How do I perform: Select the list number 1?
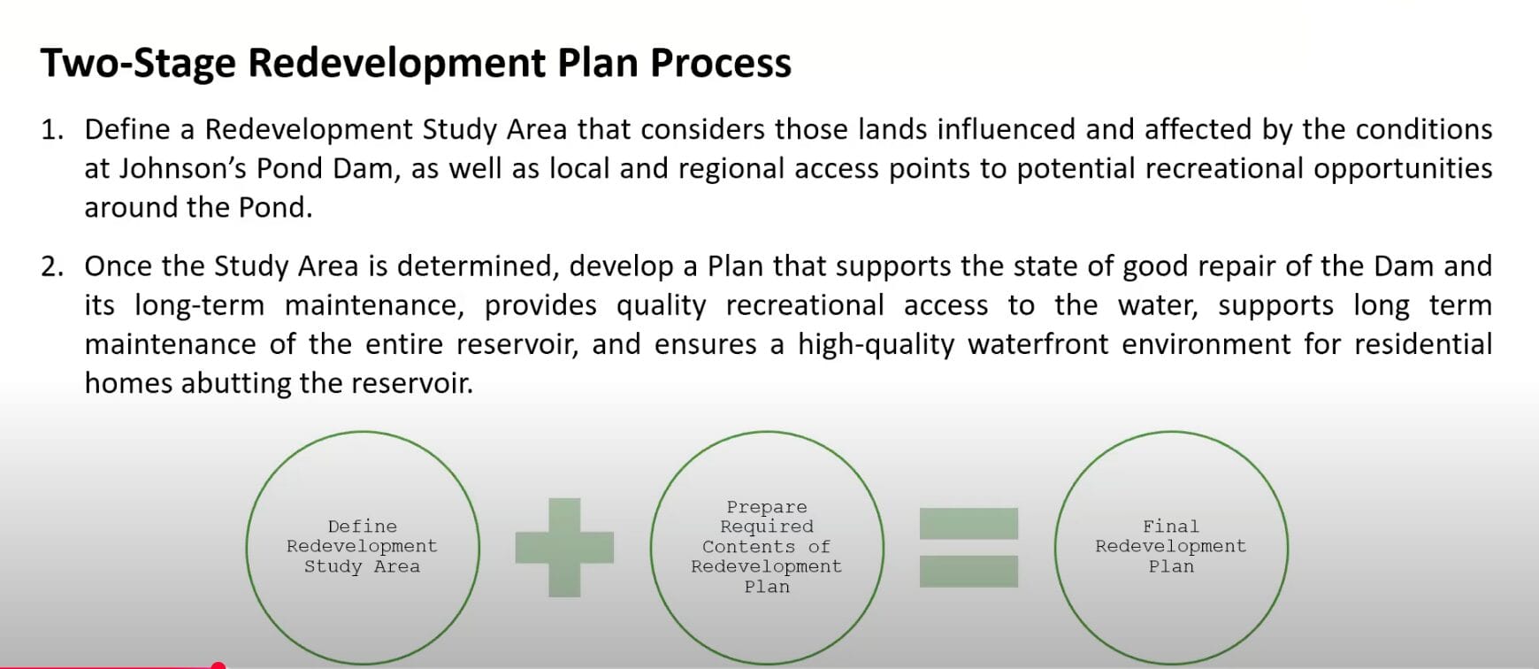pos(51,130)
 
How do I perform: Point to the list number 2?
pos(51,266)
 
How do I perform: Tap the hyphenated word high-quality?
pos(876,344)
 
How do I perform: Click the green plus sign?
pos(564,547)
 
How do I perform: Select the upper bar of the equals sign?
pos(969,523)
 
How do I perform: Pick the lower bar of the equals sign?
pos(969,571)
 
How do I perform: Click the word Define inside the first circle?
pos(362,527)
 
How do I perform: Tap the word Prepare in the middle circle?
pos(766,507)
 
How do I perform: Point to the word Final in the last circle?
pos(1170,527)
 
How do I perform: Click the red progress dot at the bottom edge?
pos(218,665)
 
